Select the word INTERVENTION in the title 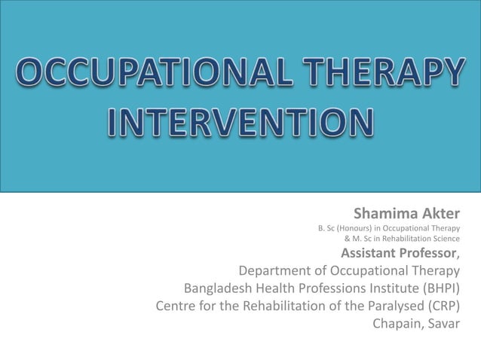241,124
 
